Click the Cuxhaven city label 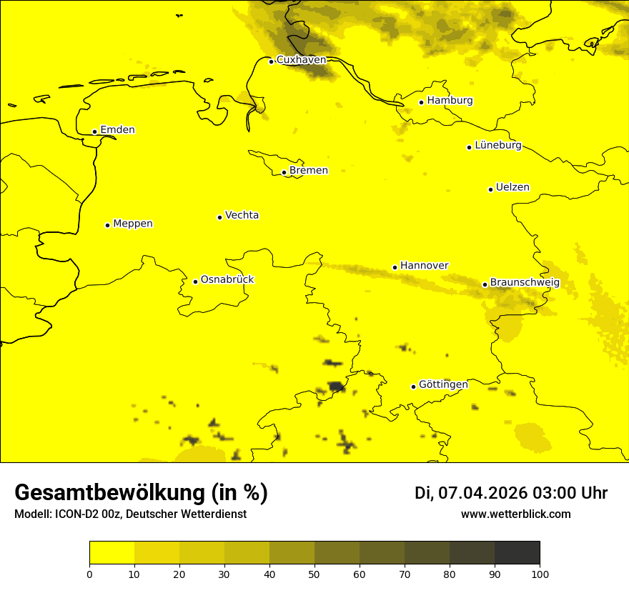point(301,60)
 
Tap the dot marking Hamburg point(422,102)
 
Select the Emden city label point(117,130)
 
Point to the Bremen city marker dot point(284,172)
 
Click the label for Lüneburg point(497,145)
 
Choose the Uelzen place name point(512,187)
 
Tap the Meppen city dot point(107,225)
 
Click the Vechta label point(242,215)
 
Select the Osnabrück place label point(227,279)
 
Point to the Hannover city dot point(395,267)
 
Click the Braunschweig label point(525,283)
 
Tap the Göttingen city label point(443,384)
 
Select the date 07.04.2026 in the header point(482,493)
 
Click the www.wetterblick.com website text point(515,514)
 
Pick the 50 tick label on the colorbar point(314,573)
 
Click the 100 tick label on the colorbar point(540,573)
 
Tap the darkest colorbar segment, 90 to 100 point(517,552)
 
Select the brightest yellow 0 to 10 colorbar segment point(112,552)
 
